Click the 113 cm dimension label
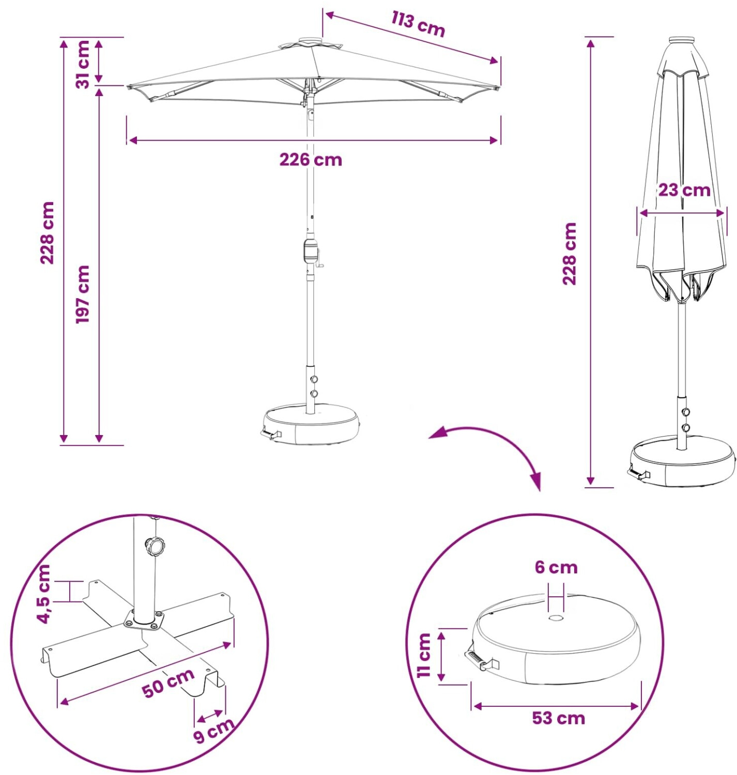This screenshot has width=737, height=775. click(x=419, y=24)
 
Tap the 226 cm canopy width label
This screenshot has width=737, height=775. click(x=311, y=160)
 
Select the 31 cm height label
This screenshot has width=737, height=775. click(x=83, y=64)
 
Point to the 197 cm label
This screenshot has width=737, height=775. click(x=83, y=294)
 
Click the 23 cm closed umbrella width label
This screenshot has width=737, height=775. click(x=684, y=191)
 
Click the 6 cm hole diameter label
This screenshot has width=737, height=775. click(x=556, y=567)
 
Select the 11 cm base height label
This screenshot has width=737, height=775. click(x=425, y=655)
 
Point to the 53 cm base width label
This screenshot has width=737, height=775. click(x=558, y=718)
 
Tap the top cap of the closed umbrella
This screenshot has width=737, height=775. click(x=682, y=40)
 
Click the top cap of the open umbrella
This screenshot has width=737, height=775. click(x=310, y=41)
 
